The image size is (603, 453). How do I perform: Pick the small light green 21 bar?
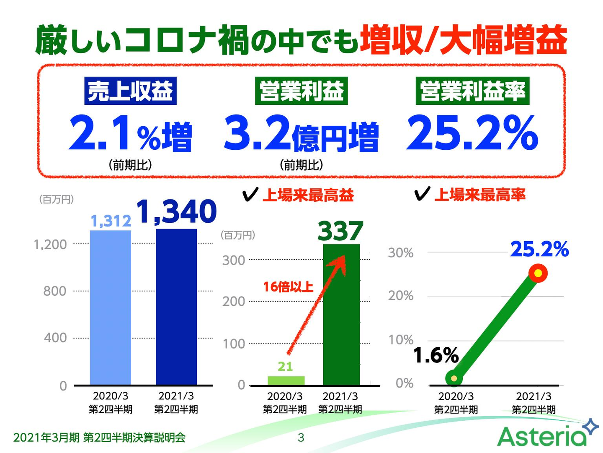286,380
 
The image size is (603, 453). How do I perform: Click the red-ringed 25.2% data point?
538,273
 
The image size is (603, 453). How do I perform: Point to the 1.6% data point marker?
454,378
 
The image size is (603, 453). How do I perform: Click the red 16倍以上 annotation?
288,287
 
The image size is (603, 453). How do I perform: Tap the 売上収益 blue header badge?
130,91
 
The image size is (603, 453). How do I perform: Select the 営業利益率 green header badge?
472,91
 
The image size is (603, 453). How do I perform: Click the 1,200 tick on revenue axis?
50,244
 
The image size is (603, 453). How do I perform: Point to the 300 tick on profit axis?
234,260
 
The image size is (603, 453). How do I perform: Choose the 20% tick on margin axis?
401,296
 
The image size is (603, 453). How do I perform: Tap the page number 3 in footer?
301,438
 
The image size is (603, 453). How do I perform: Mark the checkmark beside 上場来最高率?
422,194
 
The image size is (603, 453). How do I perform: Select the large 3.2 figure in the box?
257,133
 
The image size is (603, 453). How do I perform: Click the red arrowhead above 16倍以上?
339,263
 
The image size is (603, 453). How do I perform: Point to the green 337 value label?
340,231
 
